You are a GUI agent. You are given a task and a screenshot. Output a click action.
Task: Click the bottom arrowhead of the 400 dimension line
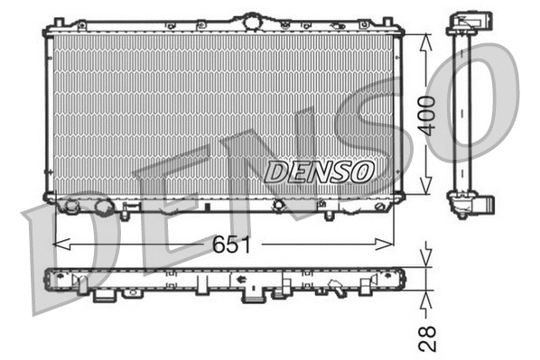[424, 204]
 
